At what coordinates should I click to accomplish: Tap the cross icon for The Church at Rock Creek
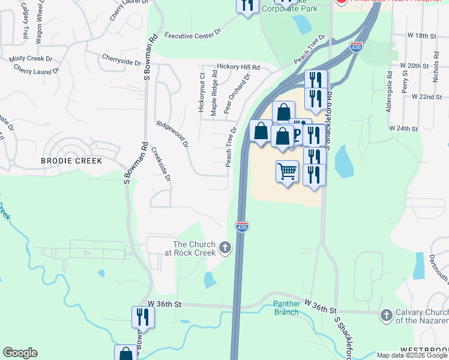coord(225,247)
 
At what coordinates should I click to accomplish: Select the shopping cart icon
coord(288,172)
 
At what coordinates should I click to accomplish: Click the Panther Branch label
coord(286,308)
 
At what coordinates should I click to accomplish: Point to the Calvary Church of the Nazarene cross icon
coord(386,314)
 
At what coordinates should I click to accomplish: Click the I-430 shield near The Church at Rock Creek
coord(242,227)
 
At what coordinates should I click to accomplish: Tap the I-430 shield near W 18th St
coord(356,46)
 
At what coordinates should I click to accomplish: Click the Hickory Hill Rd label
coord(238,67)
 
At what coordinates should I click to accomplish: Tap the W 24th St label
coord(403,128)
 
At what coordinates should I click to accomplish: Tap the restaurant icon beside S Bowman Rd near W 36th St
coord(143,316)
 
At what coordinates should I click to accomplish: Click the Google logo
coord(20,353)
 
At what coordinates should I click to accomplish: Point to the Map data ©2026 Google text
coord(411,355)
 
